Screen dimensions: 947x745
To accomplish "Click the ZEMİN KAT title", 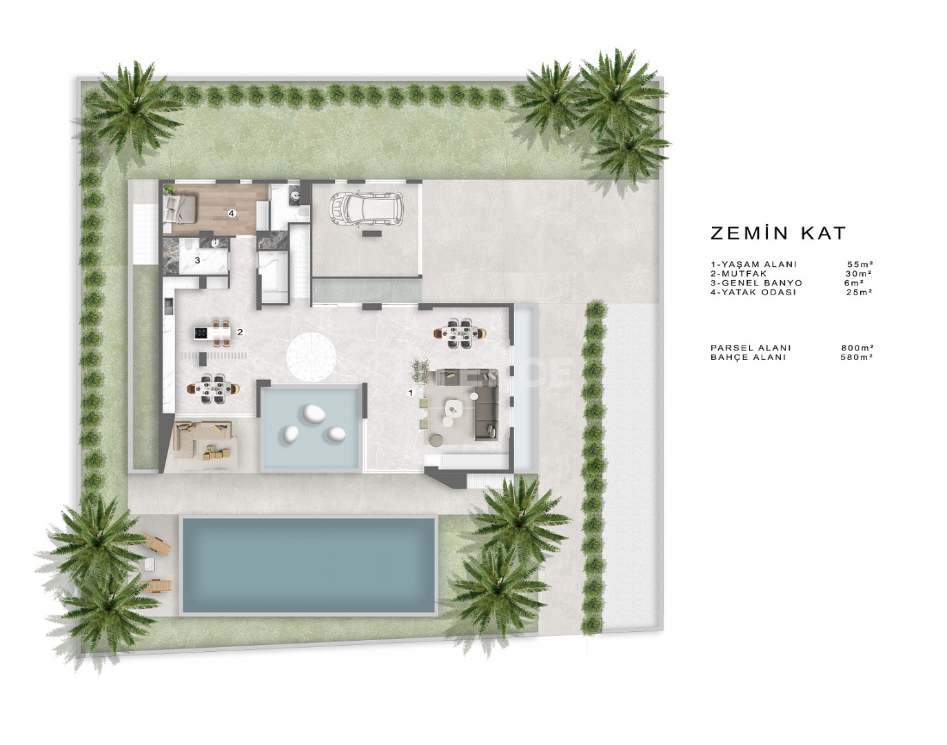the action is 778,232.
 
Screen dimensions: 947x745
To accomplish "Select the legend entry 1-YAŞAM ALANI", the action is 753,264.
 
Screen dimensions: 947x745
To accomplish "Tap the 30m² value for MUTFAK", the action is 858,273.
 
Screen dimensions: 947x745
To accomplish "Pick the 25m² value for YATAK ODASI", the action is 859,292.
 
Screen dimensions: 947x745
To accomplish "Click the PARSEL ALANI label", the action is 751,348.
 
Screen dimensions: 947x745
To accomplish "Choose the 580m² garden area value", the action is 857,357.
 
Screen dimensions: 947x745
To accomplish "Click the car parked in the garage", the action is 366,210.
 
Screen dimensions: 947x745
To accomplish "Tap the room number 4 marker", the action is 232,213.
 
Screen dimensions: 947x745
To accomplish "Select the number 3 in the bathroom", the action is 197,260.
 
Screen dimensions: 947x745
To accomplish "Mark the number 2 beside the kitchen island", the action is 240,332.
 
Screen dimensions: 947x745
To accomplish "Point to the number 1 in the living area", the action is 410,393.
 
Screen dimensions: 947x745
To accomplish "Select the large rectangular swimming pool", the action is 309,565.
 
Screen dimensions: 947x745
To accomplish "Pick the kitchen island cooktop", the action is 201,333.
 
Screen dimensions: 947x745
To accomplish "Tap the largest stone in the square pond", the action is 314,413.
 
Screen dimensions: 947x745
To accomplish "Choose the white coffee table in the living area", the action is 454,408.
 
